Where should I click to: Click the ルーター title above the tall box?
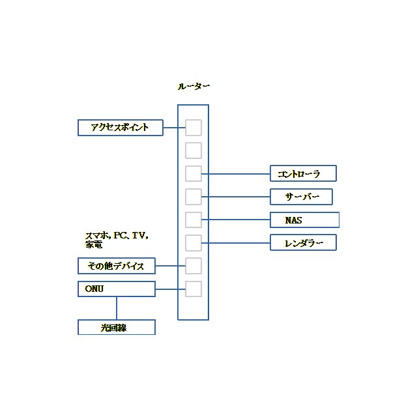pos(194,86)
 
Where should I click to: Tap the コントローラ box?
pos(303,173)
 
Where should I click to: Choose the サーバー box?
pos(301,197)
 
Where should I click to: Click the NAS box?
pos(304,220)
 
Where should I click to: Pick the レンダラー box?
pos(303,243)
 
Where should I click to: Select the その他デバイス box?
pos(117,266)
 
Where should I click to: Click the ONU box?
pos(117,289)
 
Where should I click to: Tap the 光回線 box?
pos(117,327)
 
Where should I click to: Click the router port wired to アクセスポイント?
pos(194,128)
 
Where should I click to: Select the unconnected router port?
pos(194,151)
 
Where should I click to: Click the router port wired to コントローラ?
pos(194,174)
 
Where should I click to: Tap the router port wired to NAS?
pos(194,220)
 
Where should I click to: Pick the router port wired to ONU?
pos(194,289)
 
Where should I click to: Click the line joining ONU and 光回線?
pos(117,308)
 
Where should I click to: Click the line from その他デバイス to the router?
pos(170,266)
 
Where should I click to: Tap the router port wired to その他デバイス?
pos(194,266)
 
